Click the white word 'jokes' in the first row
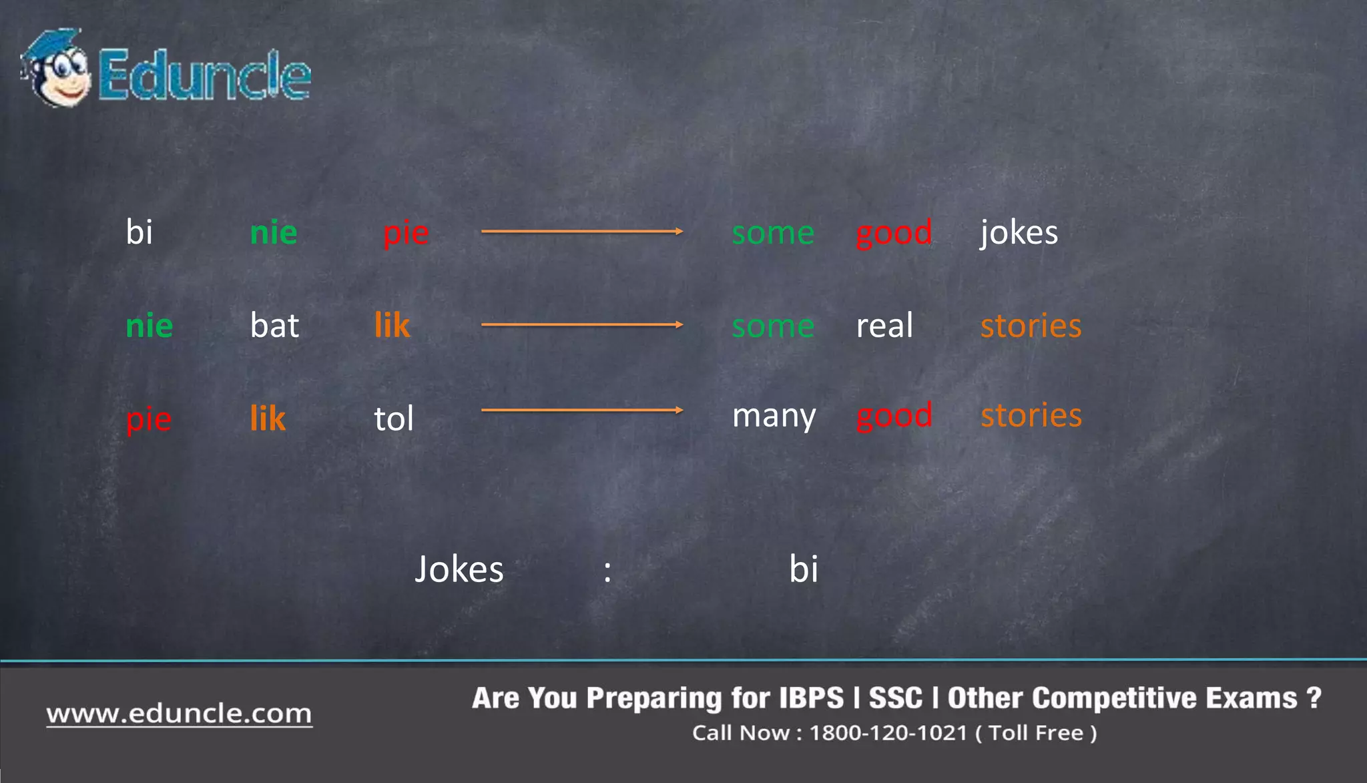pyautogui.click(x=1019, y=233)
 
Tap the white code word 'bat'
pyautogui.click(x=274, y=326)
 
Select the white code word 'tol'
pyautogui.click(x=393, y=419)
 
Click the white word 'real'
pyautogui.click(x=884, y=326)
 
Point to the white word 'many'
pyautogui.click(x=774, y=417)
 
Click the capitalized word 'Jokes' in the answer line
pyautogui.click(x=459, y=569)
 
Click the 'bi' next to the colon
pyautogui.click(x=803, y=569)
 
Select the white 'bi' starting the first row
pyautogui.click(x=139, y=233)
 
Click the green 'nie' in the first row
pyautogui.click(x=273, y=233)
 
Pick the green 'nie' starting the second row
pyautogui.click(x=149, y=326)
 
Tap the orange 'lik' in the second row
pyautogui.click(x=392, y=326)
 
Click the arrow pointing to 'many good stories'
pyautogui.click(x=581, y=410)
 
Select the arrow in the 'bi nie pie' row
pyautogui.click(x=581, y=232)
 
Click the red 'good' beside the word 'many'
pyautogui.click(x=894, y=417)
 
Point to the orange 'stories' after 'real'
pyautogui.click(x=1030, y=326)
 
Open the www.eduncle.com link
pyautogui.click(x=179, y=714)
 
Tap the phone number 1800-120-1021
pyautogui.click(x=888, y=733)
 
